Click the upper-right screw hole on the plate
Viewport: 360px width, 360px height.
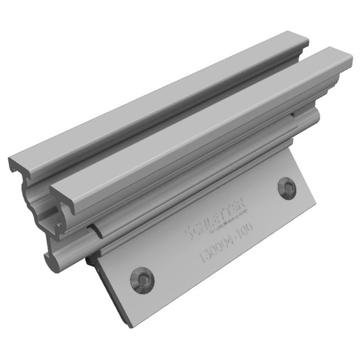[x=287, y=187]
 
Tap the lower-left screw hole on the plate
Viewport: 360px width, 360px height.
[x=143, y=277]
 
